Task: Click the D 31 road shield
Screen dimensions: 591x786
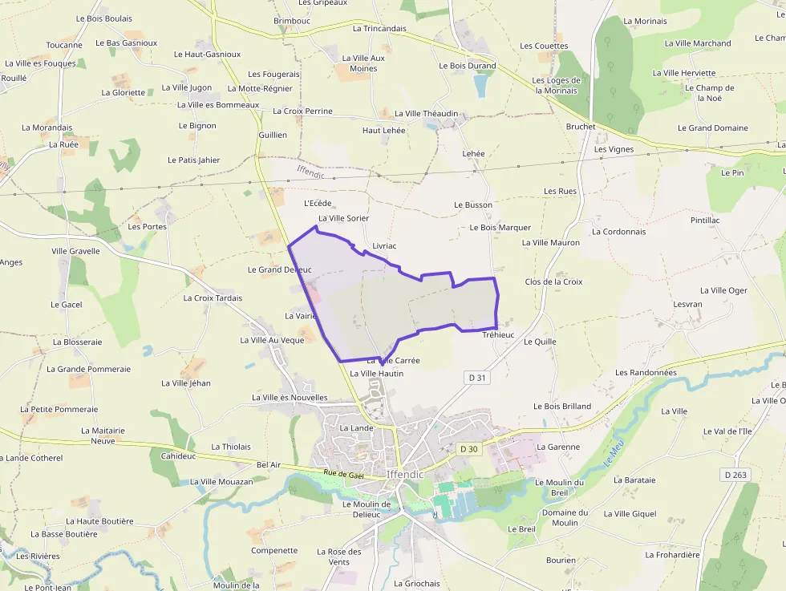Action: click(476, 378)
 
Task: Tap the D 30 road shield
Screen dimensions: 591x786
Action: click(468, 449)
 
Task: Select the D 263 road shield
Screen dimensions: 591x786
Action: click(735, 475)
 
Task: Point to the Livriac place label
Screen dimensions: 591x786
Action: click(385, 245)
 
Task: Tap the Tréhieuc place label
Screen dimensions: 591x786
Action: click(498, 334)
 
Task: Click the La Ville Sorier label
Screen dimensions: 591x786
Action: click(343, 218)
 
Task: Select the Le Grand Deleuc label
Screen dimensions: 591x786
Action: click(279, 269)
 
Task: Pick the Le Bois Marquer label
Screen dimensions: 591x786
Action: click(500, 228)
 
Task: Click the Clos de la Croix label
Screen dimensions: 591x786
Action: click(553, 282)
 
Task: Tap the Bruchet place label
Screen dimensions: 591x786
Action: click(581, 127)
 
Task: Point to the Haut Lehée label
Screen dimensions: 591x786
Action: click(384, 130)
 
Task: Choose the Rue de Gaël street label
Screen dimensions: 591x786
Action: click(343, 475)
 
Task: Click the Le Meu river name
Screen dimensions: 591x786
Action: click(614, 456)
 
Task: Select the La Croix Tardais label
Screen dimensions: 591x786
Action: click(213, 298)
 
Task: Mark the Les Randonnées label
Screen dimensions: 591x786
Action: click(646, 373)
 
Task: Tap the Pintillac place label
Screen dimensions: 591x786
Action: click(705, 220)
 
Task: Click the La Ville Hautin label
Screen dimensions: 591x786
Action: click(376, 374)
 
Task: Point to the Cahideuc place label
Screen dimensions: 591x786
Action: click(178, 455)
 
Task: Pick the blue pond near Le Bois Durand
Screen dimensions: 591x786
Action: click(480, 85)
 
